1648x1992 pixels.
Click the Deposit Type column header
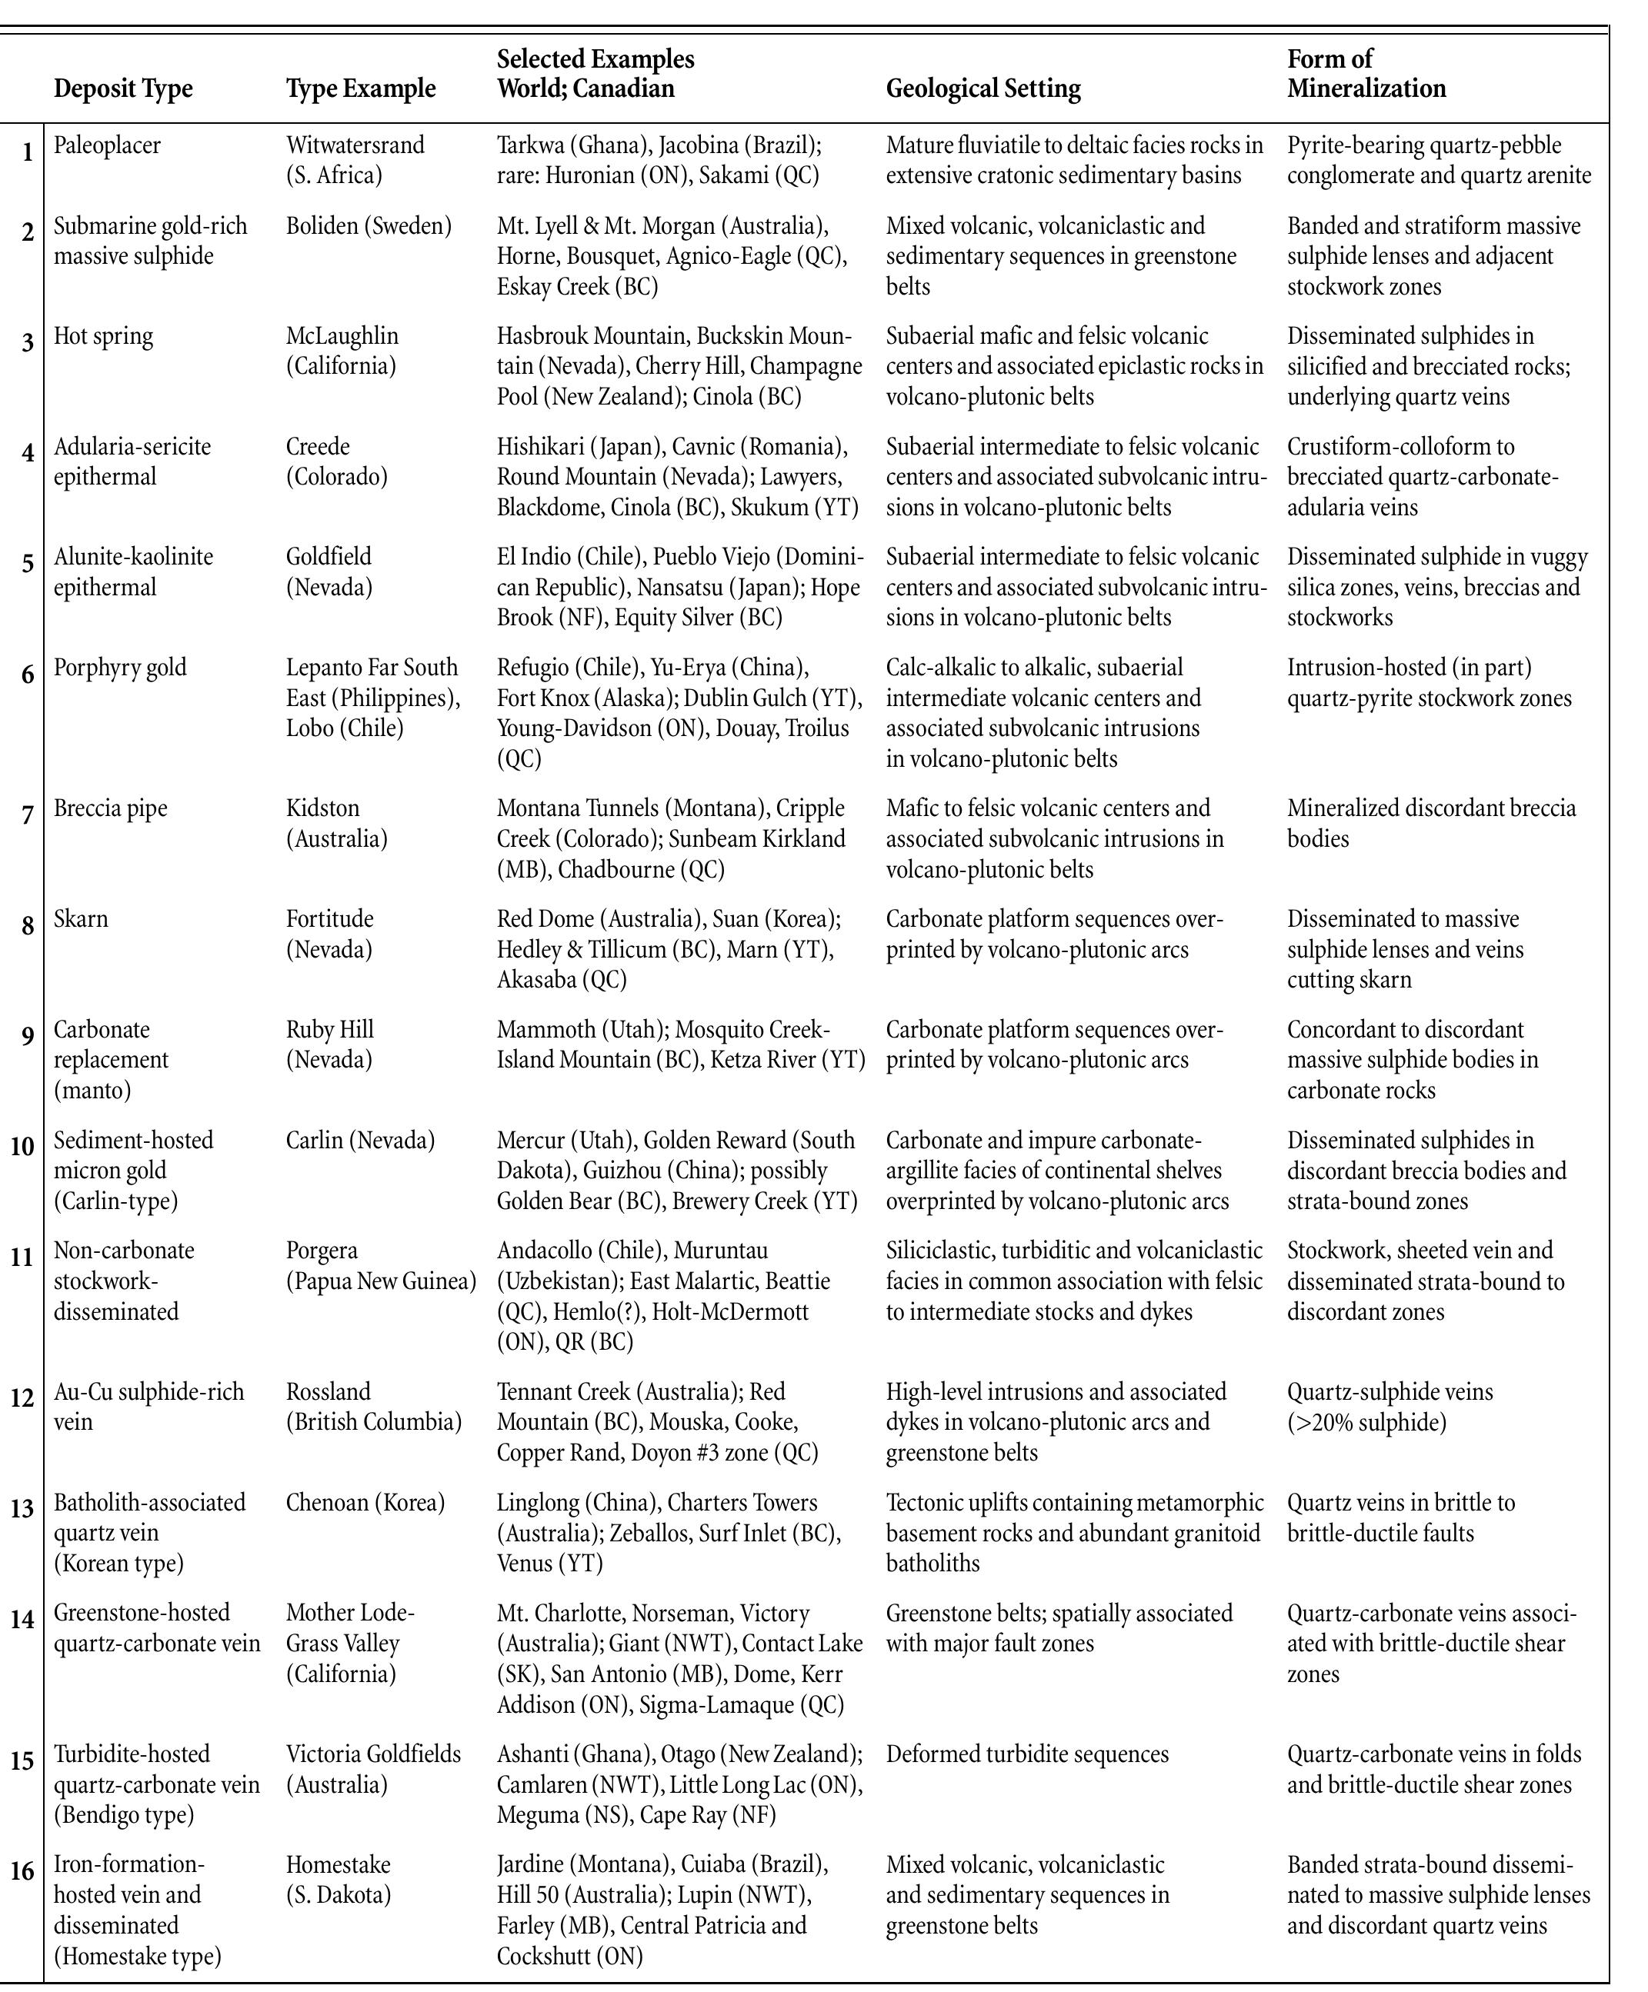coord(122,89)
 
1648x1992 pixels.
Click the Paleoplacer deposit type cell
coord(106,145)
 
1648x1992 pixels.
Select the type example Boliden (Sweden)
coord(368,226)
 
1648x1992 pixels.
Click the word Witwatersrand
coord(355,145)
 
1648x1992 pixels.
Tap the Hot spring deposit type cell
coord(102,336)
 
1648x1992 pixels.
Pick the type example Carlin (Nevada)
coord(359,1140)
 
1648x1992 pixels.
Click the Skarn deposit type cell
coord(81,919)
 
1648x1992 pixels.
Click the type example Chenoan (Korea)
coord(365,1503)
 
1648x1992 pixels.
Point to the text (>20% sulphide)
coord(1366,1422)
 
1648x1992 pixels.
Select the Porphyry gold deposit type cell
coord(119,668)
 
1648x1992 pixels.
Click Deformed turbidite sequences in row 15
coord(1026,1754)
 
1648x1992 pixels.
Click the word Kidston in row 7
coord(322,808)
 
